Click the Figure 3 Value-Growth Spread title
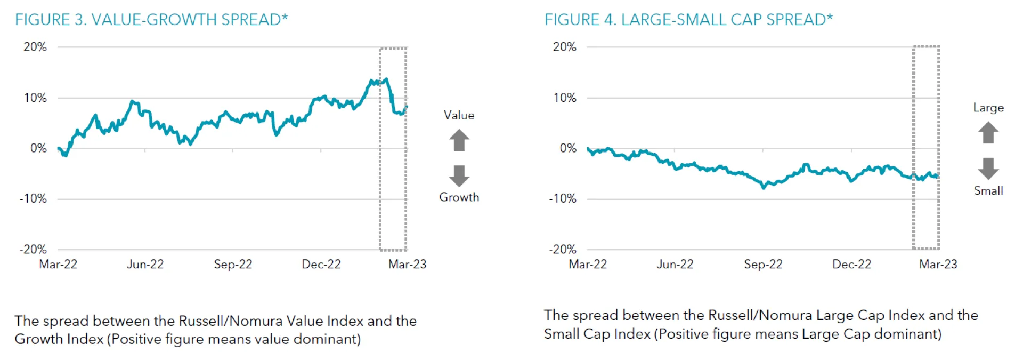pyautogui.click(x=151, y=20)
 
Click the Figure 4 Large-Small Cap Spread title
pyautogui.click(x=688, y=20)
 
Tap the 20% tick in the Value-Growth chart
pyautogui.click(x=35, y=47)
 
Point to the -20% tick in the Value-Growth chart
pyautogui.click(x=33, y=249)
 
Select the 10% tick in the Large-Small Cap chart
pyautogui.click(x=565, y=98)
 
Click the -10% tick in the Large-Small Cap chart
pyautogui.click(x=563, y=198)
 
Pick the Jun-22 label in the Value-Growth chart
pyautogui.click(x=145, y=265)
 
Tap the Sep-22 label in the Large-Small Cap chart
pyautogui.click(x=763, y=265)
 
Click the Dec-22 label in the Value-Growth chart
pyautogui.click(x=321, y=265)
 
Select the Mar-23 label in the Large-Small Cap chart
pyautogui.click(x=938, y=265)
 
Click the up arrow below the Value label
pyautogui.click(x=459, y=141)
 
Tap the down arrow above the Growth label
pyautogui.click(x=459, y=175)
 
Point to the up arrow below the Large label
pyautogui.click(x=988, y=132)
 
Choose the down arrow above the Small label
pyautogui.click(x=988, y=168)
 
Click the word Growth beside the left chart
pyautogui.click(x=459, y=197)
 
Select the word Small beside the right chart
pyautogui.click(x=988, y=191)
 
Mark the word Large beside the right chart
pyautogui.click(x=988, y=108)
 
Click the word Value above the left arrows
pyautogui.click(x=459, y=115)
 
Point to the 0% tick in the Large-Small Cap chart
pyautogui.click(x=568, y=148)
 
